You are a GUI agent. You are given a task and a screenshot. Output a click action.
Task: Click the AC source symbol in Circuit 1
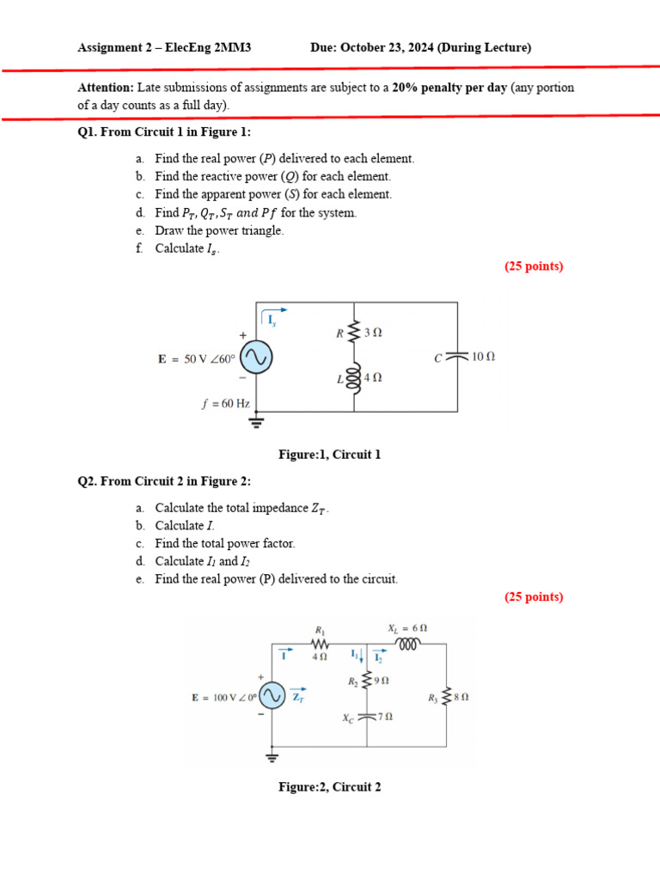[x=256, y=357]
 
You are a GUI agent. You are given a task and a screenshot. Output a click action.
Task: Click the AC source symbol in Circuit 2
[x=272, y=696]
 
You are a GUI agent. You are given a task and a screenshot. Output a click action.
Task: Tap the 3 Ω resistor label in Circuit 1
[x=373, y=333]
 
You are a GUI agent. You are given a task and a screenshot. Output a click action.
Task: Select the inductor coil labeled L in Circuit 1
[x=354, y=378]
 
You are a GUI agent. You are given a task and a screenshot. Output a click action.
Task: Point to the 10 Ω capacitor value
[x=483, y=357]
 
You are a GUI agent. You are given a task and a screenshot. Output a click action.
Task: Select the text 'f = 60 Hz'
[x=226, y=404]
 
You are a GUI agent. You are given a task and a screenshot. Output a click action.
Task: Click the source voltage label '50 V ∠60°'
[x=210, y=359]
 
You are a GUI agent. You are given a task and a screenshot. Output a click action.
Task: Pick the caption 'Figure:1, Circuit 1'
[x=329, y=455]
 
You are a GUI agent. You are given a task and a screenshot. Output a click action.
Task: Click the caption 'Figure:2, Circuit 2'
[x=329, y=787]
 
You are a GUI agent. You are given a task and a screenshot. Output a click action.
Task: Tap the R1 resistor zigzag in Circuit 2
[x=320, y=643]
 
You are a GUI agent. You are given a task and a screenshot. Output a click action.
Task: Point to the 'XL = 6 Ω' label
[x=407, y=628]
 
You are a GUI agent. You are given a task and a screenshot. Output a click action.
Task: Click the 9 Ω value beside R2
[x=382, y=681]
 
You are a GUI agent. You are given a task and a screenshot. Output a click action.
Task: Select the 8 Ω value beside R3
[x=461, y=698]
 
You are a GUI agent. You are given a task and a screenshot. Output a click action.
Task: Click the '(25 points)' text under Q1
[x=534, y=266]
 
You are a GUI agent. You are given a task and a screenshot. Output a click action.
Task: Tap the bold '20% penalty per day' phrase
[x=449, y=88]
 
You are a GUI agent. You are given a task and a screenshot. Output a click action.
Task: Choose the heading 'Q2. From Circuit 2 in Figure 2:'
[x=164, y=481]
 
